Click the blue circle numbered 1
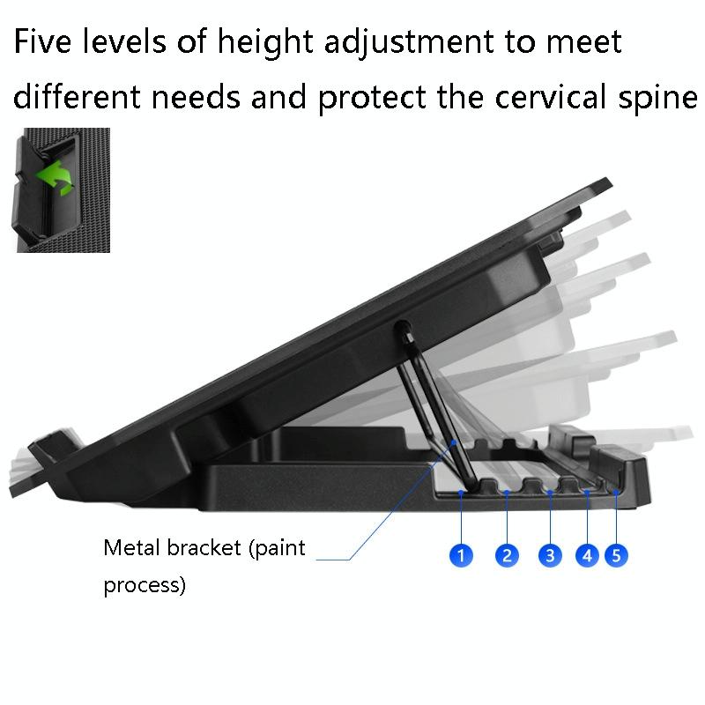click(x=461, y=555)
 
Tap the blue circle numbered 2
click(x=507, y=555)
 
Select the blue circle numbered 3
click(x=550, y=555)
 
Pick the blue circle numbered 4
click(x=587, y=555)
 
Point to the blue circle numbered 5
click(x=617, y=555)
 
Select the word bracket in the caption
click(x=208, y=547)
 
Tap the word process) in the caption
click(x=145, y=586)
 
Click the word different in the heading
click(x=75, y=98)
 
